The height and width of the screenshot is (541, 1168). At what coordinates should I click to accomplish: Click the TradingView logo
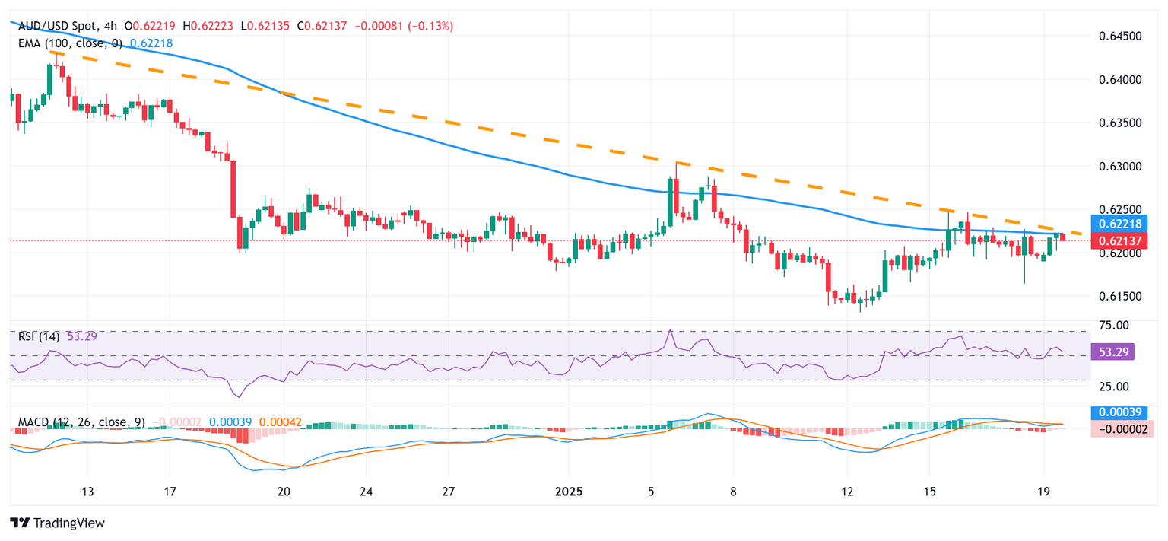57,523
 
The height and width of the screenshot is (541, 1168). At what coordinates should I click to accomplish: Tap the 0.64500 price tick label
1122,36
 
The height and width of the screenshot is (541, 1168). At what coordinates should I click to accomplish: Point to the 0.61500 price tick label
1122,296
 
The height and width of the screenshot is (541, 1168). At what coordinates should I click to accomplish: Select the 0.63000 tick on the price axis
1122,166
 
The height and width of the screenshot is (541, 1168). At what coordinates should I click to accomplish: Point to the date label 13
87,491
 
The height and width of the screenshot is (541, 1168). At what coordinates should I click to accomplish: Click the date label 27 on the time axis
448,491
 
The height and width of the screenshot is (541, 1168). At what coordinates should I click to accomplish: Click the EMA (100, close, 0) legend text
70,43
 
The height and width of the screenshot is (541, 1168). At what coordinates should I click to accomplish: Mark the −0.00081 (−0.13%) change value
411,26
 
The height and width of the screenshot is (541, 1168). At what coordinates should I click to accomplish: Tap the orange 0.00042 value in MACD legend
279,422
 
